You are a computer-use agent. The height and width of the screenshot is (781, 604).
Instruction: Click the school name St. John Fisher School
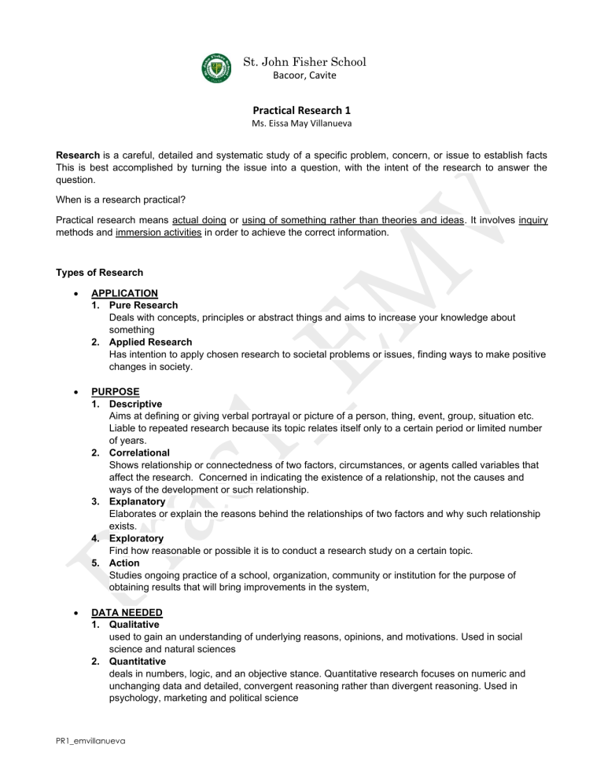point(305,61)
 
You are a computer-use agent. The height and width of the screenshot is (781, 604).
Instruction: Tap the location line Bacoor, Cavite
point(304,75)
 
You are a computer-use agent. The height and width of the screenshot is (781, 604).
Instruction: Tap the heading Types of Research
point(99,273)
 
